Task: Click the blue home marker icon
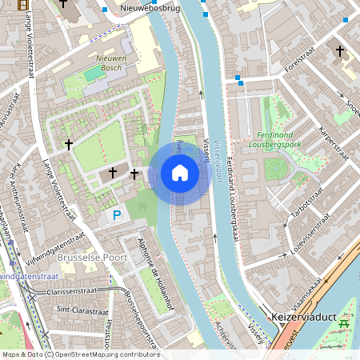180,173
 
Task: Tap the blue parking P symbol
117,215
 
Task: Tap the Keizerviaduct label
297,316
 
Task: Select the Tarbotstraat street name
305,200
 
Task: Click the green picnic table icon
346,323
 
